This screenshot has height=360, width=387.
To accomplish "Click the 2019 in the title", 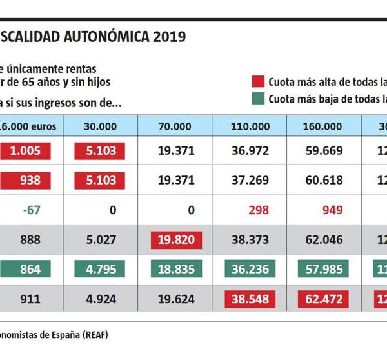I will (170, 37).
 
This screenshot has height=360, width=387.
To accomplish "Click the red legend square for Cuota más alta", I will (258, 82).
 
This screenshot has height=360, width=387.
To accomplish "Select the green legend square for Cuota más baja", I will (258, 99).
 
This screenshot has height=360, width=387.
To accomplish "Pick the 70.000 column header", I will (175, 126).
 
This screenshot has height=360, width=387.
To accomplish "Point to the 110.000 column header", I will (250, 126).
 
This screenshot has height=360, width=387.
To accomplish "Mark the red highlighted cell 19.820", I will (175, 240).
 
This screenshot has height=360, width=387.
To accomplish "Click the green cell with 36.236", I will (250, 270).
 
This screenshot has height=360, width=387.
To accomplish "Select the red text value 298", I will (250, 210).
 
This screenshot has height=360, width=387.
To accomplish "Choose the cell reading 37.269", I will (250, 180).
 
